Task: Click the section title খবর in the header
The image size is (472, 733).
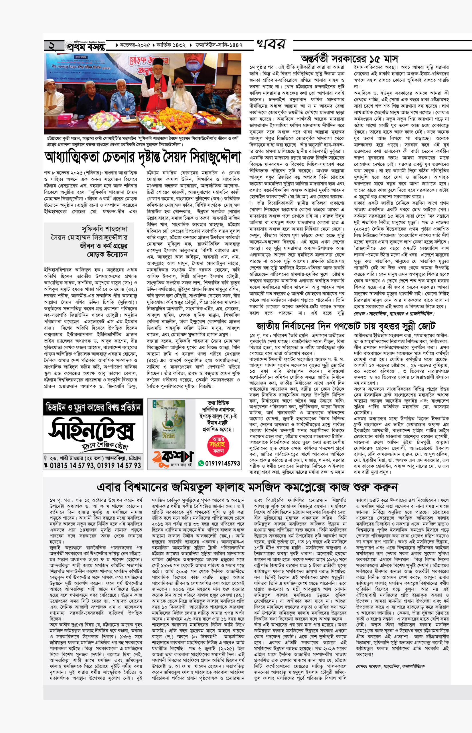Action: pos(271,44)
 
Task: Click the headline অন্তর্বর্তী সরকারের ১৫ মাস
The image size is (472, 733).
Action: pos(349,59)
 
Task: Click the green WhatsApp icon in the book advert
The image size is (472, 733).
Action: pos(201,463)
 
